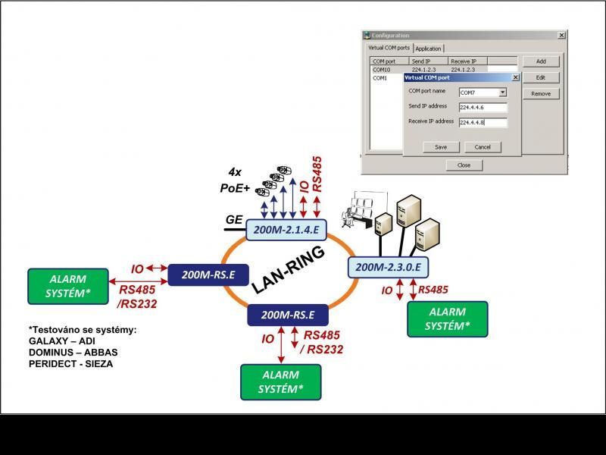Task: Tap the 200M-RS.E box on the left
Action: (x=208, y=275)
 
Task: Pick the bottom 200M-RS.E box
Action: (x=287, y=314)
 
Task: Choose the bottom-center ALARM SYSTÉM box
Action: (x=280, y=381)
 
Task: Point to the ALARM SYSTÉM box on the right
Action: (x=447, y=319)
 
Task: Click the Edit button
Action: (x=540, y=77)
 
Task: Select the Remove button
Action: (x=540, y=93)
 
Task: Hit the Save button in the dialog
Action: (x=441, y=147)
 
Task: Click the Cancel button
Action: (x=483, y=147)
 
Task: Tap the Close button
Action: (x=464, y=165)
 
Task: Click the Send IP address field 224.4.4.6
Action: (x=483, y=108)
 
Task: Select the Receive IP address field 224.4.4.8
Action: (x=483, y=122)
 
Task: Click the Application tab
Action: (x=428, y=49)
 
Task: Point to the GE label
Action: (x=234, y=220)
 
